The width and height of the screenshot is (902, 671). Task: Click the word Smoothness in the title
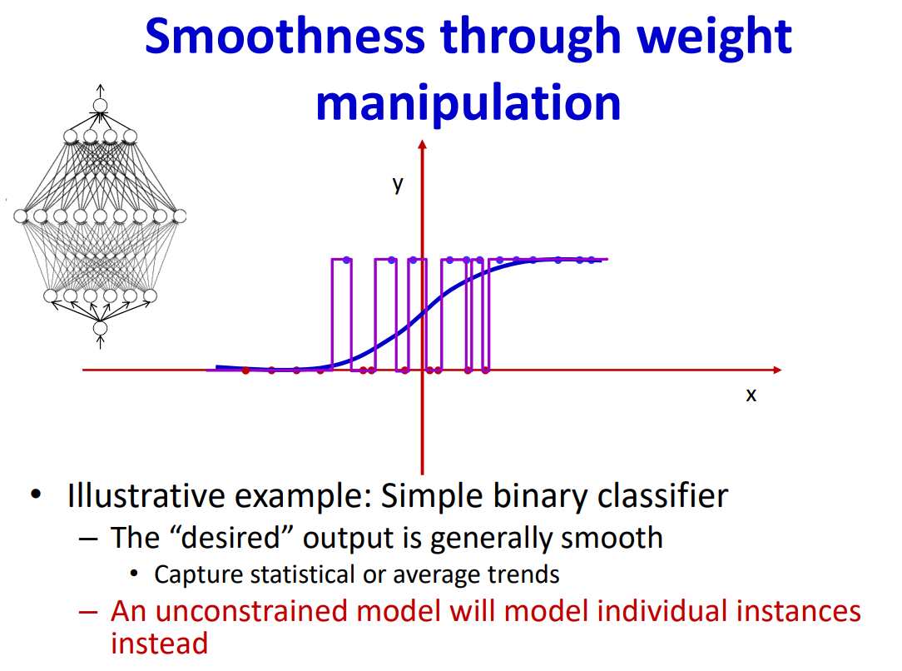coord(285,36)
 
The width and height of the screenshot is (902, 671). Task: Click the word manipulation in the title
coord(468,104)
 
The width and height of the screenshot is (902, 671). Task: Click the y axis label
coord(398,185)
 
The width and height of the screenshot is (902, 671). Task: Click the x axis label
coord(751,395)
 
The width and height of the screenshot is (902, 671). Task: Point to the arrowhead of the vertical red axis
coord(422,145)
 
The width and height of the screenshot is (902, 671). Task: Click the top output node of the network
coord(100,105)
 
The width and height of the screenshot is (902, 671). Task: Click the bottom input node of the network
coord(100,328)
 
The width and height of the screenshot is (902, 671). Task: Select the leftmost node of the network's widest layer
coord(21,216)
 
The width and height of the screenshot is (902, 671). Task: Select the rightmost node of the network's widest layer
coord(180,216)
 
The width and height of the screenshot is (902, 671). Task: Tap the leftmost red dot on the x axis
coord(245,370)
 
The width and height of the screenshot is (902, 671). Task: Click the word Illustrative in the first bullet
coord(146,495)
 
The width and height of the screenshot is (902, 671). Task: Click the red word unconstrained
coord(251,611)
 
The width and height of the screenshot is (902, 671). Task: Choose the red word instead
coord(159,644)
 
